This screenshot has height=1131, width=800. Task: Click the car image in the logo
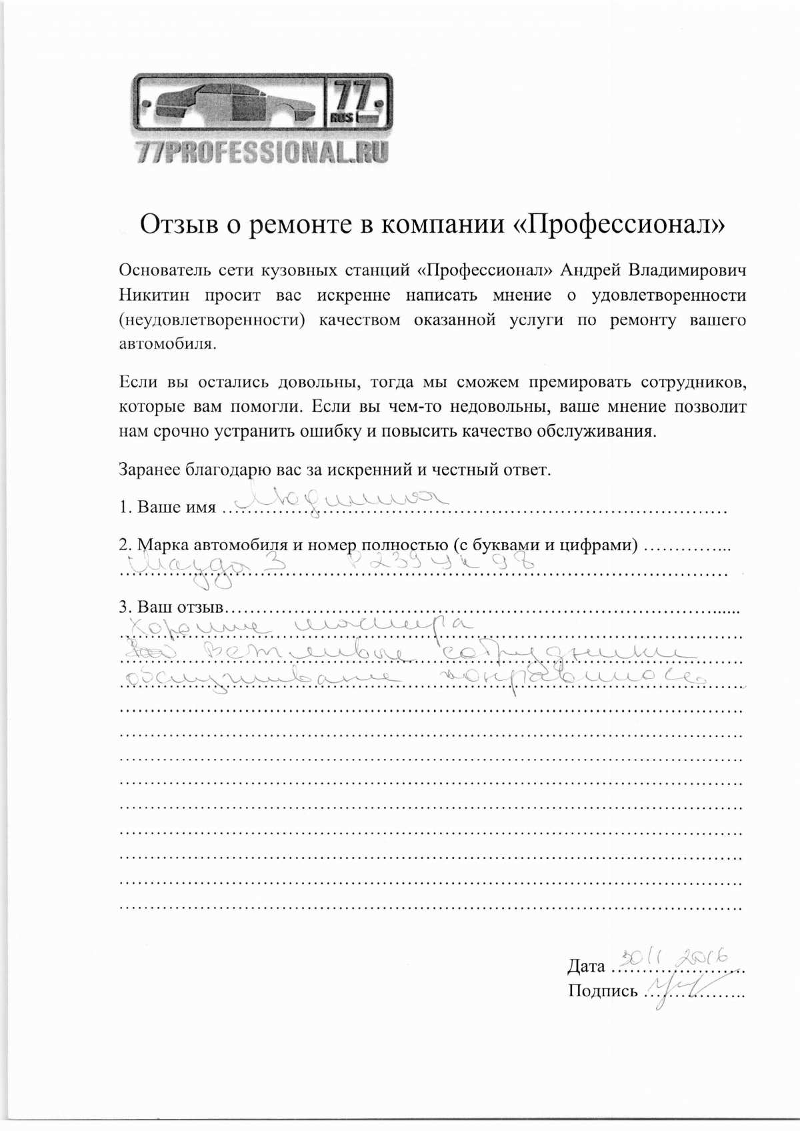pyautogui.click(x=230, y=105)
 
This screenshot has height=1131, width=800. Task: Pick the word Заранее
pyautogui.click(x=149, y=469)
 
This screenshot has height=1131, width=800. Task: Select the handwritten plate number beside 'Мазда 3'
pyautogui.click(x=440, y=563)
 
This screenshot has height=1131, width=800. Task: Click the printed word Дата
pyautogui.click(x=586, y=966)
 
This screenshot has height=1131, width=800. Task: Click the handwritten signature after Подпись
pyautogui.click(x=681, y=985)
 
